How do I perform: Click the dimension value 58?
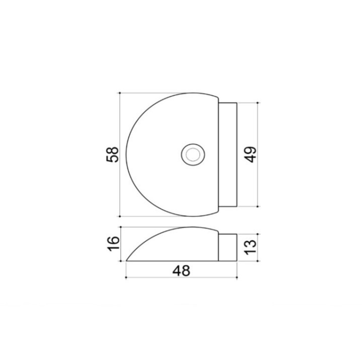113,154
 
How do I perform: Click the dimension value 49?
250,154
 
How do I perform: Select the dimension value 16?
113,244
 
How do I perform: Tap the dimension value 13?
250,247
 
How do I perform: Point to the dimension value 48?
182,270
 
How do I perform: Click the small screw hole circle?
193,155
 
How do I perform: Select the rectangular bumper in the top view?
228,154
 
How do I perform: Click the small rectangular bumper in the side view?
228,247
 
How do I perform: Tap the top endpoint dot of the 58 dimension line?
120,93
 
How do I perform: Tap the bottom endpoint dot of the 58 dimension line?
120,216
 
